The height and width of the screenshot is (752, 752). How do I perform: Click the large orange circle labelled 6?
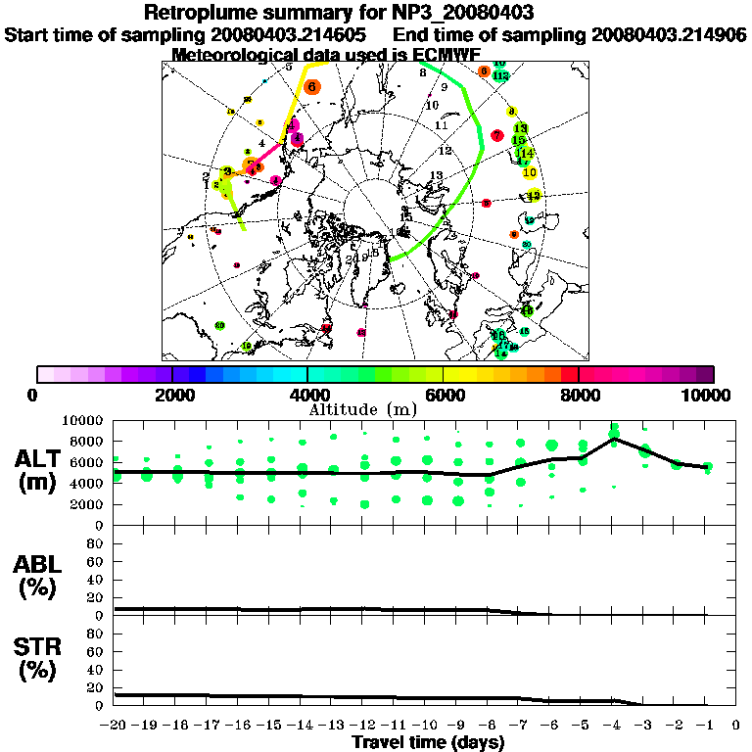pos(311,86)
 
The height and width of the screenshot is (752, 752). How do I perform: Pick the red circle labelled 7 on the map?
pos(496,135)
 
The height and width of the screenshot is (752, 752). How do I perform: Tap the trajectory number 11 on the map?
pos(441,125)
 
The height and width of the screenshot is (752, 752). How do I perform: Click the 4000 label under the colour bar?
pos(307,395)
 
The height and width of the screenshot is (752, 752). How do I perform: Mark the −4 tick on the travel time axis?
pos(613,725)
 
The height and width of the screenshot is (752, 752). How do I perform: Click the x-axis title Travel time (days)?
pos(428,742)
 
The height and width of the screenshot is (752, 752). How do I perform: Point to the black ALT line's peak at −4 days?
pos(614,440)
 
